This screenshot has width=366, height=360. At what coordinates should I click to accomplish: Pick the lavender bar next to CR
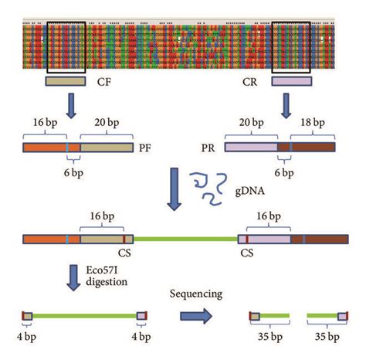pyautogui.click(x=292, y=81)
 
